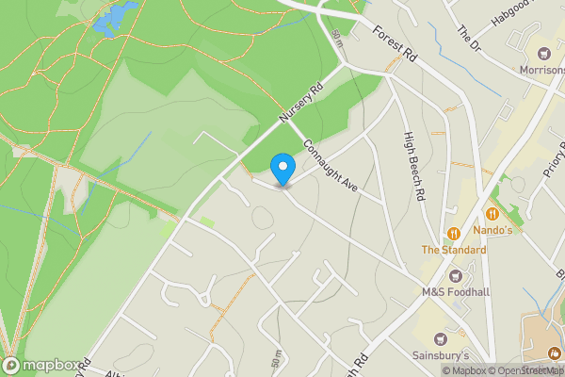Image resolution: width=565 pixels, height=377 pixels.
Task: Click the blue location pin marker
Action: pyautogui.click(x=282, y=169)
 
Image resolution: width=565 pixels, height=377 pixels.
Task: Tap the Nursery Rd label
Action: pyautogui.click(x=300, y=103)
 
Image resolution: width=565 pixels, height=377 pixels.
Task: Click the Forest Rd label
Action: pyautogui.click(x=394, y=45)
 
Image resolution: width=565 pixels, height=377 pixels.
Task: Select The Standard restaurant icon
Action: pyautogui.click(x=453, y=233)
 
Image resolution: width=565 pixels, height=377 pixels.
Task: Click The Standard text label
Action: pyautogui.click(x=453, y=250)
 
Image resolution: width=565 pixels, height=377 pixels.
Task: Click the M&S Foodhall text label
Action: pyautogui.click(x=456, y=292)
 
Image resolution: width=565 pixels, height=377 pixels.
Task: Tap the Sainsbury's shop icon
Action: pyautogui.click(x=438, y=338)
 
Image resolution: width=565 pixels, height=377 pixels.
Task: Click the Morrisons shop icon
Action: pyautogui.click(x=543, y=53)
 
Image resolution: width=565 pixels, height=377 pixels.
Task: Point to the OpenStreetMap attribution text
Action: pyautogui.click(x=525, y=370)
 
